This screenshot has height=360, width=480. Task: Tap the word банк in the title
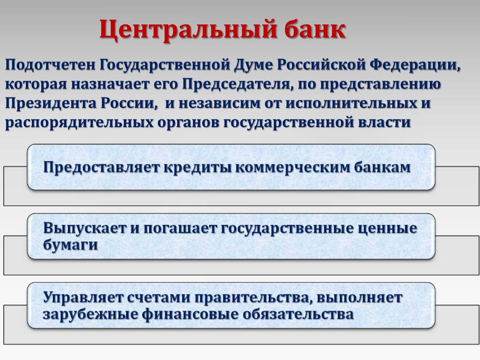coord(315,29)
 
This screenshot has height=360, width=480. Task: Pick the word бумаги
coord(70,245)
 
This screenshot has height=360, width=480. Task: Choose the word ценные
coord(387,229)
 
